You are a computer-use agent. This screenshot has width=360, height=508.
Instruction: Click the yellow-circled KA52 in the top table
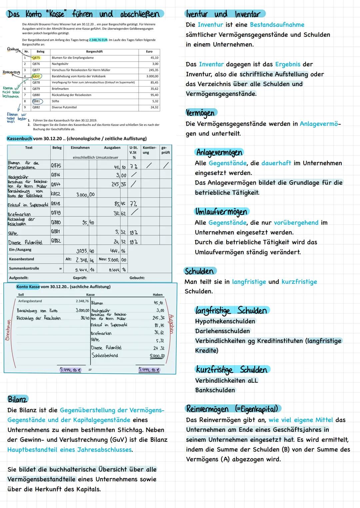[x=36, y=76]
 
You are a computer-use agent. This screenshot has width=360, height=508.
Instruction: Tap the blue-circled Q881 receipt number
[x=36, y=101]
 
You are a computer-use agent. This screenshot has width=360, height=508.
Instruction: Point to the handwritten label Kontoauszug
[x=11, y=72]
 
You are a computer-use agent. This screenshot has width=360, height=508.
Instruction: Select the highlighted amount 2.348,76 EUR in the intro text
[x=98, y=40]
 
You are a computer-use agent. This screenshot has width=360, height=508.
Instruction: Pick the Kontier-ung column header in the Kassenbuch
[x=149, y=150]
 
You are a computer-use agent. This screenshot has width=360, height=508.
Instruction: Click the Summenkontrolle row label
[x=24, y=268]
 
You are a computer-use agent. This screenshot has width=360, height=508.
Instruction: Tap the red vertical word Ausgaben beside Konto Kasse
[x=171, y=323]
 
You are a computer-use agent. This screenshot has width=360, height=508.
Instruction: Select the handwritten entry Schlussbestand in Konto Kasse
[x=105, y=355]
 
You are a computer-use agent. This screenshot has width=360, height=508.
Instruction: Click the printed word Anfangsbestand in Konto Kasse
[x=30, y=301]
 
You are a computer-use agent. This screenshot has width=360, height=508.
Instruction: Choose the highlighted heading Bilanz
[x=17, y=399]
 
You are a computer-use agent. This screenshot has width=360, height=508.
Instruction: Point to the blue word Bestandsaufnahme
[x=277, y=25]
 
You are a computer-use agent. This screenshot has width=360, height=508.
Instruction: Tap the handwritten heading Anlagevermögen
[x=219, y=152]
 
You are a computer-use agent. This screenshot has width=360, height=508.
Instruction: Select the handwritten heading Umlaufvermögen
[x=221, y=212]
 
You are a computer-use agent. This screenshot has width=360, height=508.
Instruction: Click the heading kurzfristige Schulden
[x=232, y=370]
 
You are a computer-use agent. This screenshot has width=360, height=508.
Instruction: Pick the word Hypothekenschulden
[x=225, y=321]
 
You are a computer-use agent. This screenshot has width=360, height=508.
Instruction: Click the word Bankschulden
[x=215, y=390]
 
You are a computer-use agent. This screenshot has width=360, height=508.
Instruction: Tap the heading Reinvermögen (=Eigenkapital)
[x=233, y=409]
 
